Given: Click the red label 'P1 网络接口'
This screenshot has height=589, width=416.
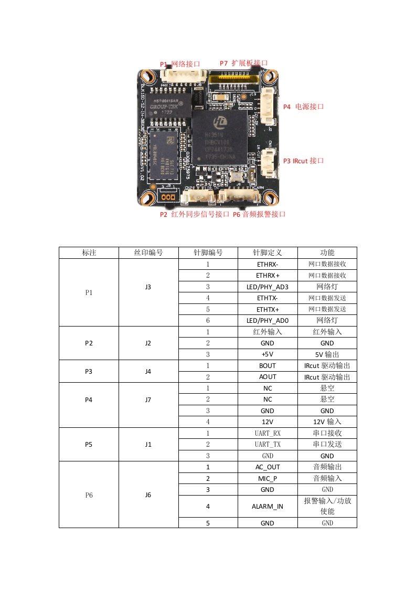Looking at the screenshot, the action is point(180,64).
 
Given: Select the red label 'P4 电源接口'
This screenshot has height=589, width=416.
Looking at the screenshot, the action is point(304,106).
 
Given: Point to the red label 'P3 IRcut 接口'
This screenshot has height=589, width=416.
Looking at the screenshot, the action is point(304,161).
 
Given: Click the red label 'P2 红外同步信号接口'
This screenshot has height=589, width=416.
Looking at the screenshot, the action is point(195,214).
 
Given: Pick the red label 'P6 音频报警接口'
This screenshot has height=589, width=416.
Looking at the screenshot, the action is point(259,214).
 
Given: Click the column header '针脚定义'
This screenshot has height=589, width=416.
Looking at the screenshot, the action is point(268,253).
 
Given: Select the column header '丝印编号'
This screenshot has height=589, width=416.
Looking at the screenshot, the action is point(148,253).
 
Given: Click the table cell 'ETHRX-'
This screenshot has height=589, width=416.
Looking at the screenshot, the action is point(268,264).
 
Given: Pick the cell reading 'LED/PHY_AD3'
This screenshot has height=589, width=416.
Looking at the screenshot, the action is point(268,287).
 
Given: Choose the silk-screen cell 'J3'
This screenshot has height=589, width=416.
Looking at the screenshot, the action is point(148,287).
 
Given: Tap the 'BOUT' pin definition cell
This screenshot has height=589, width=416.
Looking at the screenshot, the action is point(268,365).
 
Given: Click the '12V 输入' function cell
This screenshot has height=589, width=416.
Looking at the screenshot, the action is point(327,422).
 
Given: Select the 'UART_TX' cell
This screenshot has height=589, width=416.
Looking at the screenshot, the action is point(268,444).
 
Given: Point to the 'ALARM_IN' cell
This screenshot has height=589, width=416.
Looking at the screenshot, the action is point(268,506).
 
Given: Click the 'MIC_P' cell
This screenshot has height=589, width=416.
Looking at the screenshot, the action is point(268,478).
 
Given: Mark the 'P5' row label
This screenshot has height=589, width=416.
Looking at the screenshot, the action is point(89,444).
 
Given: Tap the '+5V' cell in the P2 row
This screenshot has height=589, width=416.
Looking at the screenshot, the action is point(268,354).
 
